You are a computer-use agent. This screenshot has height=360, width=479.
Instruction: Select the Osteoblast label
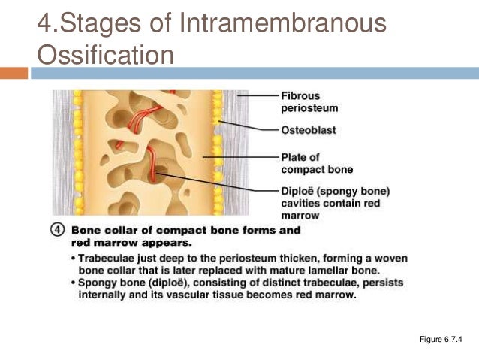coord(309,130)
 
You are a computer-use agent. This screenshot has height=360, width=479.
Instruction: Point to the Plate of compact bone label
coord(316,163)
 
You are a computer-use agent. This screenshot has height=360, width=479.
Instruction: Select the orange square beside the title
coord(14,73)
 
